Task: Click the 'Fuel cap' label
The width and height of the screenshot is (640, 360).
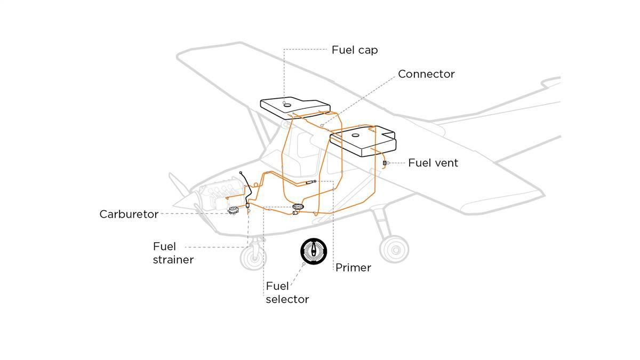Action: click(355, 50)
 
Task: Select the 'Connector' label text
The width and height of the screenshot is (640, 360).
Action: click(426, 74)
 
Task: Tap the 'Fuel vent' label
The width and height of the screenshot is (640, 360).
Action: click(433, 163)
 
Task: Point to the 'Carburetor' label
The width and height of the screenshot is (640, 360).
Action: click(129, 214)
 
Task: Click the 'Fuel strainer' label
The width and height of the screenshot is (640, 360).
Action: click(173, 253)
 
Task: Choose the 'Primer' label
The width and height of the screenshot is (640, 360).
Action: click(353, 268)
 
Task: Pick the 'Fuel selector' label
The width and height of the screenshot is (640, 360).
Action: click(287, 293)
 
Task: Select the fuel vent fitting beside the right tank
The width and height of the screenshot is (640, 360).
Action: click(385, 162)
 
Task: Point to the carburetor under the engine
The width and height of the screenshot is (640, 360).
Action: click(233, 211)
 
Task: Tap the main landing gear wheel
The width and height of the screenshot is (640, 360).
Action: click(394, 249)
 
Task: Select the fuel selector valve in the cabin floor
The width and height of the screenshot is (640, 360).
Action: click(298, 207)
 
